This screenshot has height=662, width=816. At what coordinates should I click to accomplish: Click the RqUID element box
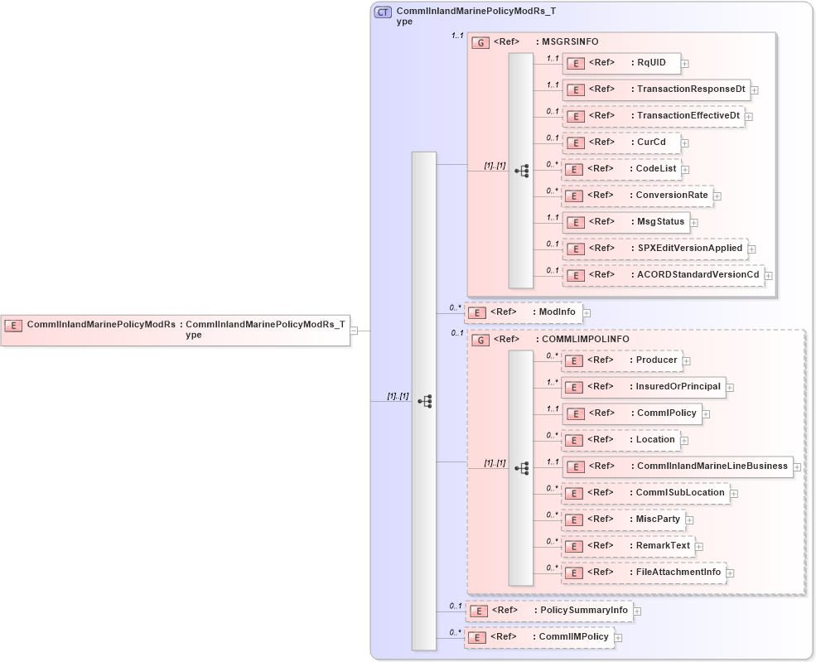(621, 63)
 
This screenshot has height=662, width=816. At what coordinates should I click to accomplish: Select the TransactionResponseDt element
(656, 89)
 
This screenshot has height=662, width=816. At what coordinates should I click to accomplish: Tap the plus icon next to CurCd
(685, 143)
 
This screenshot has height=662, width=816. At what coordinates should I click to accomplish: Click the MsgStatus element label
(660, 222)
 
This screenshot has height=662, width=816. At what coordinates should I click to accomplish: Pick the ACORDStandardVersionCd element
(663, 275)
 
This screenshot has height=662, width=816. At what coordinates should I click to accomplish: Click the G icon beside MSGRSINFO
(480, 42)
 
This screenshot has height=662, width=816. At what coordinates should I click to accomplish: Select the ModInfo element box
(524, 312)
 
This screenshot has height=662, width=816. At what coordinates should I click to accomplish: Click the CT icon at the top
(383, 12)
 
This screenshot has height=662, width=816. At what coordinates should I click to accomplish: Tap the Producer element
(621, 360)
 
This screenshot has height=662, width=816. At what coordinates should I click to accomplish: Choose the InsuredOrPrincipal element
(643, 387)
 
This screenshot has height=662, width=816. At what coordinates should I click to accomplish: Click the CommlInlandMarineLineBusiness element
(677, 466)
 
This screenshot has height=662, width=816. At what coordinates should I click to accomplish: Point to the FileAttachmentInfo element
(644, 573)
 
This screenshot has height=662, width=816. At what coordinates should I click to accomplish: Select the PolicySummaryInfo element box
(549, 611)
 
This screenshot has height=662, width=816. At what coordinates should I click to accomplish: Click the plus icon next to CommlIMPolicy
(618, 638)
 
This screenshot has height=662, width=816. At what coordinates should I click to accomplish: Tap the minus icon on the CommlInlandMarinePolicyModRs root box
(354, 331)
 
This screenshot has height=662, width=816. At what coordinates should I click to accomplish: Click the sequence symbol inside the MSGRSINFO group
(522, 171)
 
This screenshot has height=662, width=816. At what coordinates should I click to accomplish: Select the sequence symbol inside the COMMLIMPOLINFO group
(522, 468)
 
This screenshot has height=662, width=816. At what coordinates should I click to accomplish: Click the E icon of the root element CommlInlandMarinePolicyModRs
(14, 325)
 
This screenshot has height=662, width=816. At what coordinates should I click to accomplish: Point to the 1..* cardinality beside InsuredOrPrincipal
(552, 383)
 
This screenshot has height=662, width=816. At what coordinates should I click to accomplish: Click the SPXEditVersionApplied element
(654, 249)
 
